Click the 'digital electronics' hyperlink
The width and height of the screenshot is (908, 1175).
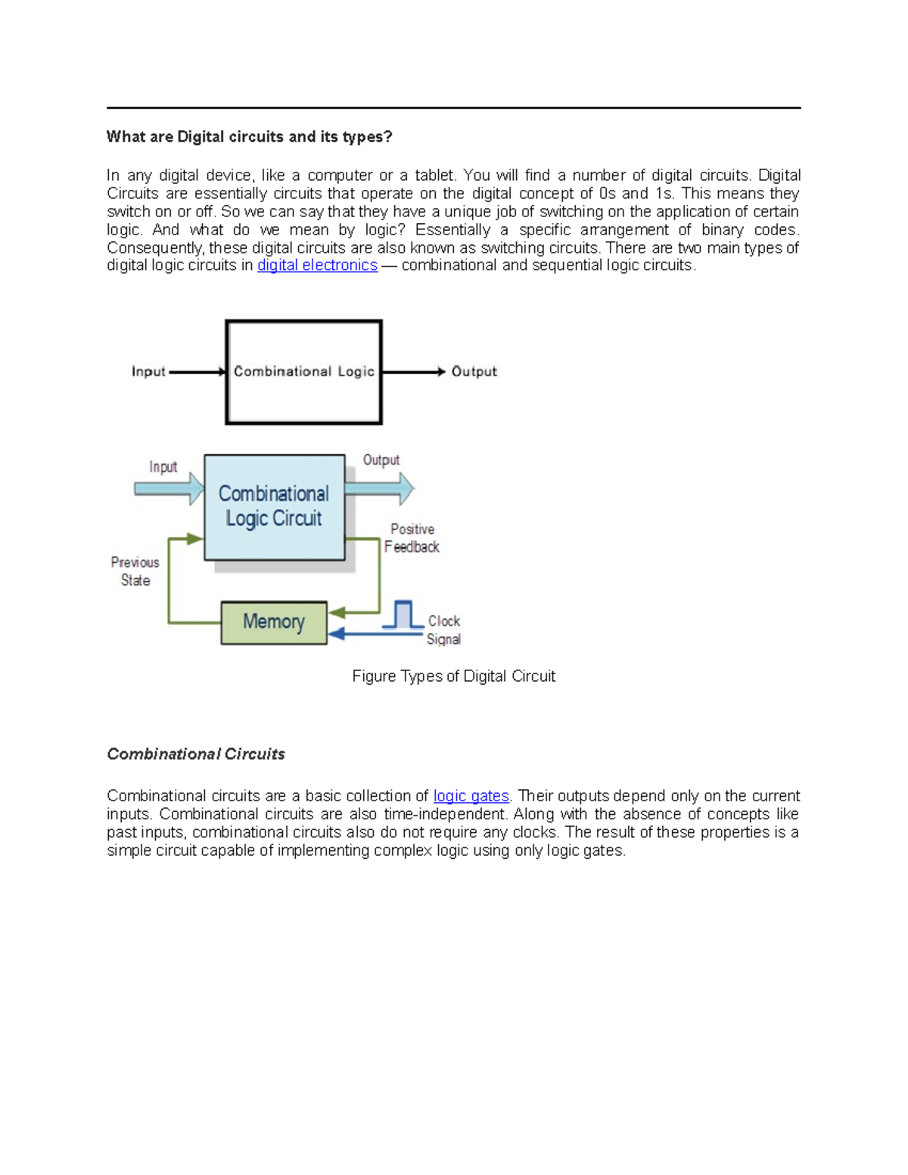[x=317, y=266]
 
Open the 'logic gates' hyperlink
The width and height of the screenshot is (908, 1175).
[x=471, y=796]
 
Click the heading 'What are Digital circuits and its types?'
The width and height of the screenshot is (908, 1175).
[x=249, y=137]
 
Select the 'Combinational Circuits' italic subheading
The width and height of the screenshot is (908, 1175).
[x=196, y=754]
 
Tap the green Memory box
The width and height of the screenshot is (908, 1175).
[x=273, y=623]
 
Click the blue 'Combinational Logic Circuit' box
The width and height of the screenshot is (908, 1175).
[x=274, y=507]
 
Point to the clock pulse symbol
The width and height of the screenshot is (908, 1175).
[x=403, y=614]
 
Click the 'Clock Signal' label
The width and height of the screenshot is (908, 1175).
[x=443, y=629]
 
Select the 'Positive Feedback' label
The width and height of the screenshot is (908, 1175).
[x=412, y=538]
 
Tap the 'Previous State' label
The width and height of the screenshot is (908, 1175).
[x=135, y=571]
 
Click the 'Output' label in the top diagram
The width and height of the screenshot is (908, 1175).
[x=474, y=371]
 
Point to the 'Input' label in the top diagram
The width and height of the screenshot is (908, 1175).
[x=148, y=371]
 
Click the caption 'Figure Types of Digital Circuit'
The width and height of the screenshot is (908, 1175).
[x=453, y=676]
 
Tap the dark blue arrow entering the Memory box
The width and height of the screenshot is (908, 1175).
[x=375, y=634]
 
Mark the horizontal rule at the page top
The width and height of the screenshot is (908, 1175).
[x=453, y=108]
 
